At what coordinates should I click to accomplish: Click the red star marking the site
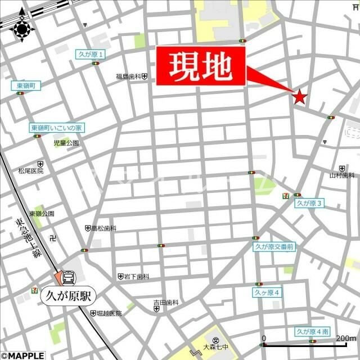point(299,97)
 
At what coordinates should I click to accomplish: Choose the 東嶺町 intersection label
point(26,85)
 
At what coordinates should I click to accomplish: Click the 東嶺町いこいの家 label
point(56,128)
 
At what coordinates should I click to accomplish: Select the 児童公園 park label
point(66,143)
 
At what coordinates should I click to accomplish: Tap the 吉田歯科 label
point(166,303)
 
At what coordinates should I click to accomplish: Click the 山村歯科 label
point(342,175)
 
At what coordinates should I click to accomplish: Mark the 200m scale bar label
point(345,339)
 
